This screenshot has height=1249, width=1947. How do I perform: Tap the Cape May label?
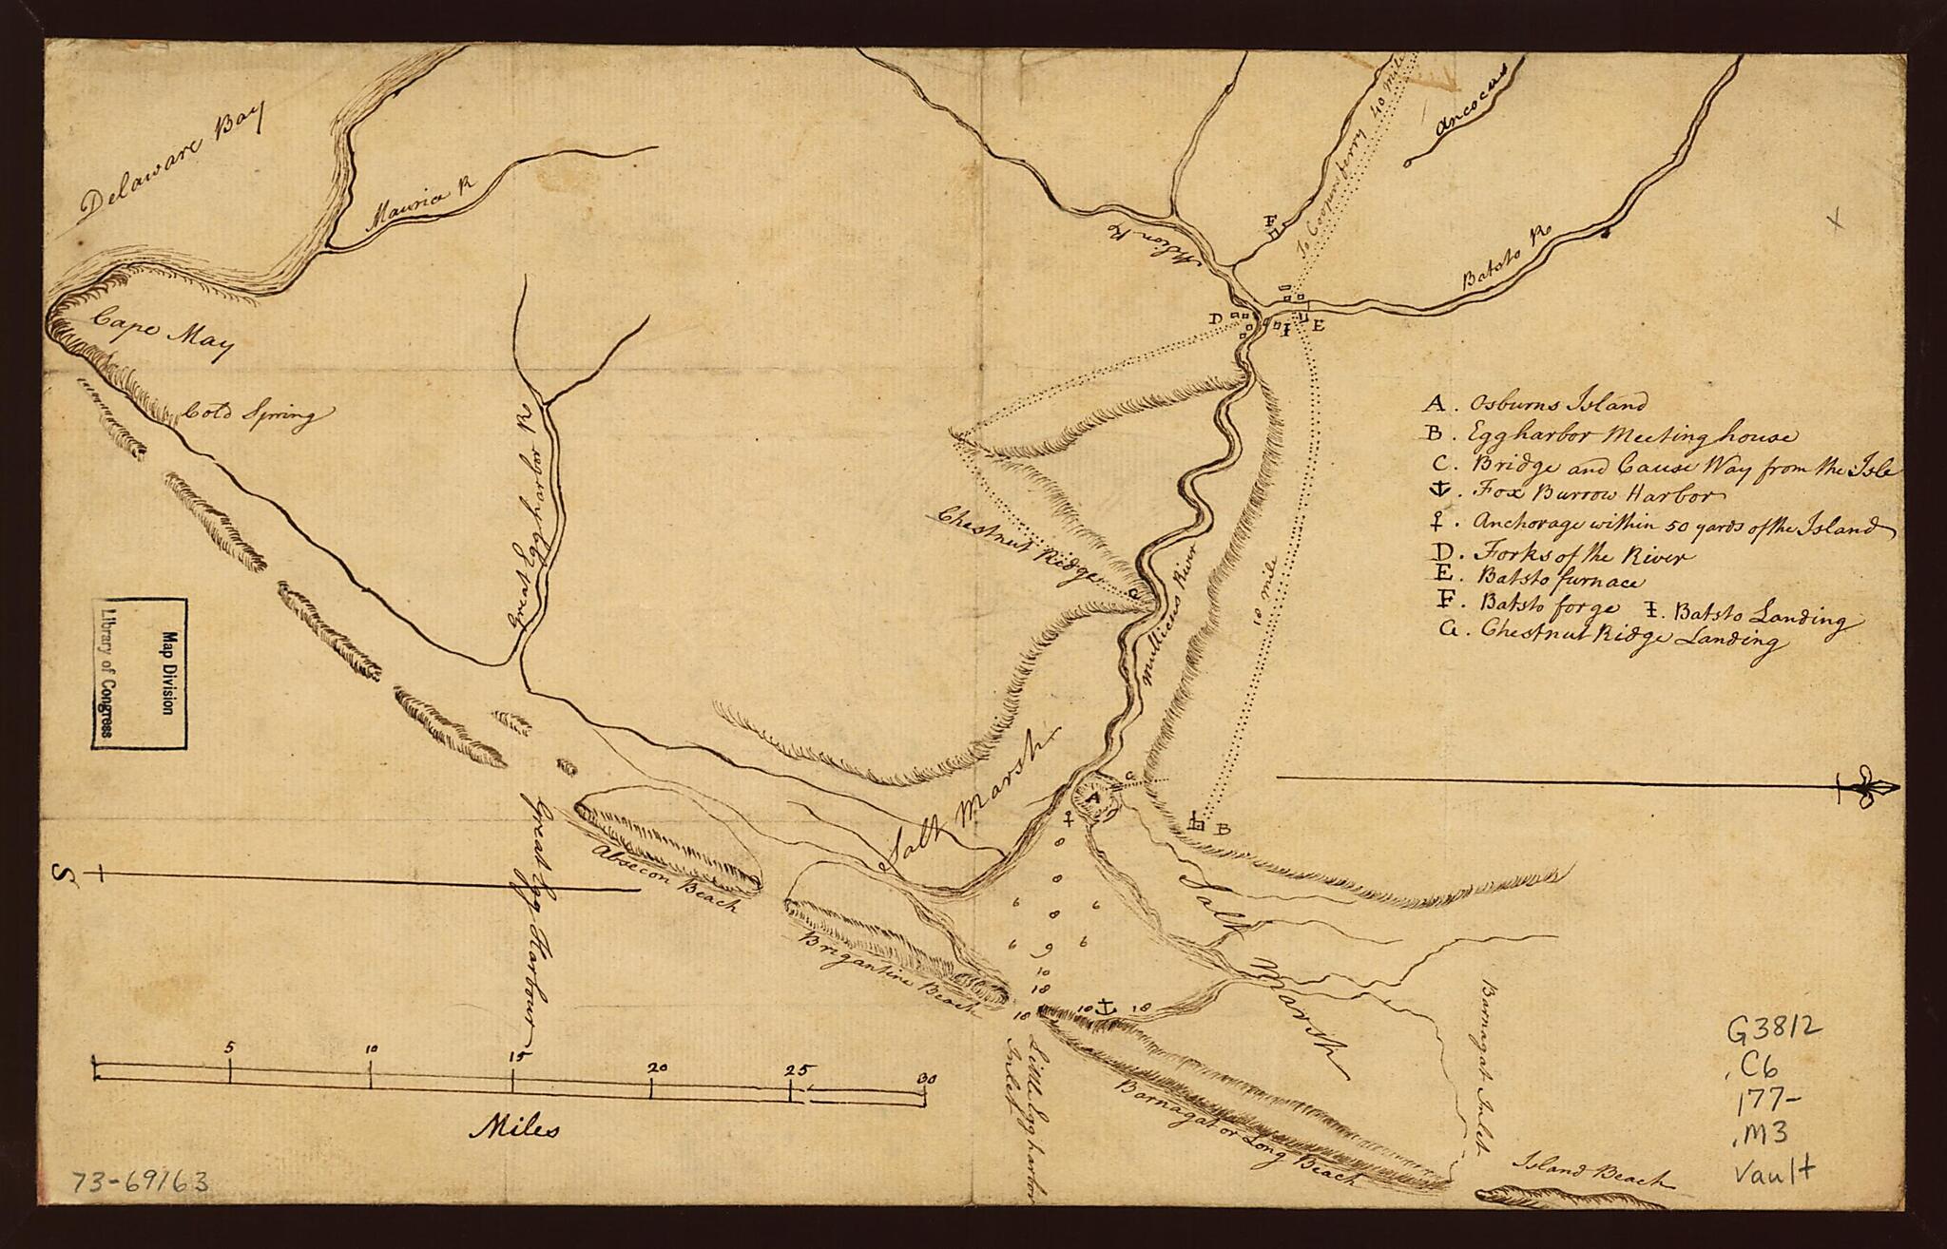pyautogui.click(x=162, y=336)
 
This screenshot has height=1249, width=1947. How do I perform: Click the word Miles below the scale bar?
pyautogui.click(x=514, y=1130)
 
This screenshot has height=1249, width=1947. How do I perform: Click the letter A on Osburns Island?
pyautogui.click(x=1094, y=800)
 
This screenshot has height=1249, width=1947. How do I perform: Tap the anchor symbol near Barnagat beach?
pyautogui.click(x=1106, y=1006)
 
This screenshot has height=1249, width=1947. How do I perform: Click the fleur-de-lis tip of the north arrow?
pyautogui.click(x=1863, y=788)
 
